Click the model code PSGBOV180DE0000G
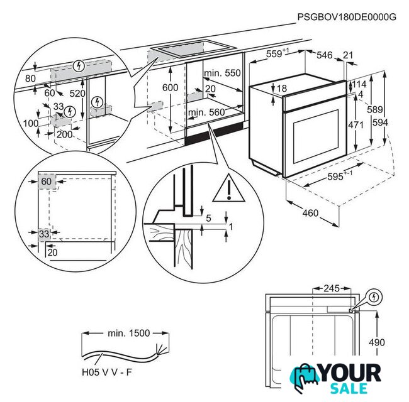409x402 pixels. [347, 17]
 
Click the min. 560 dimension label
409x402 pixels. [206, 113]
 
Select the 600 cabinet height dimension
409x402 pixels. [170, 88]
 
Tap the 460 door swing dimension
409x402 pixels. [310, 214]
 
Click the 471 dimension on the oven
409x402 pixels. [356, 125]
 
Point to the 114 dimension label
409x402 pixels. [359, 85]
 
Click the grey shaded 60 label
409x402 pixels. [46, 181]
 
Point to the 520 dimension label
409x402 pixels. [77, 94]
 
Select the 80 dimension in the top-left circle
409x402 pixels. [30, 79]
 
